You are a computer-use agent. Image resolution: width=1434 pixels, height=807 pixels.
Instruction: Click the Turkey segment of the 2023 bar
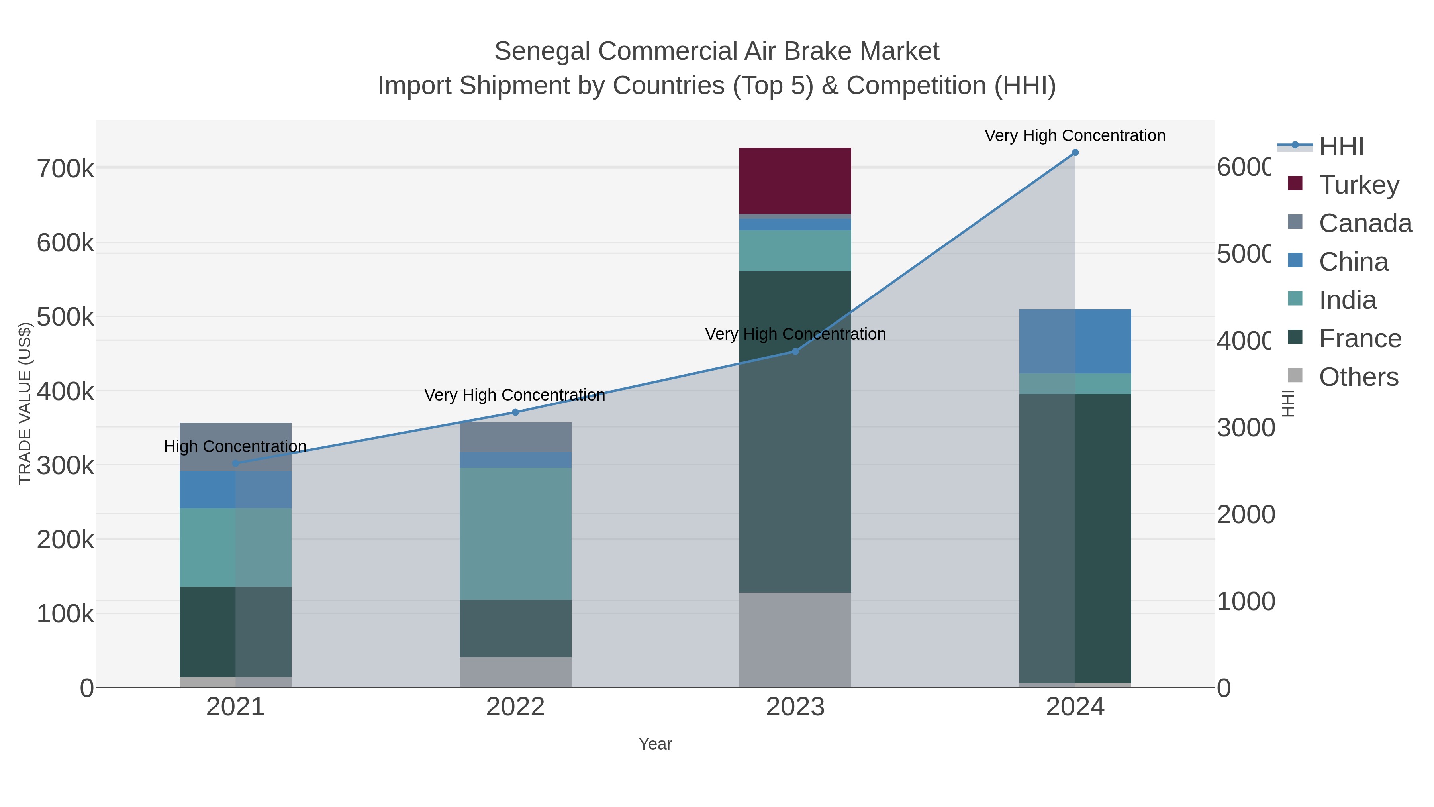[795, 181]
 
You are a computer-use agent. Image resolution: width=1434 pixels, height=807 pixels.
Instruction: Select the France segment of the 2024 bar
[1075, 538]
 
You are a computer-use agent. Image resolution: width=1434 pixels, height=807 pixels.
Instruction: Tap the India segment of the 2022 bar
[515, 534]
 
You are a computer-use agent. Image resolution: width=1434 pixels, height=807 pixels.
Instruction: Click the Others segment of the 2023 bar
[795, 639]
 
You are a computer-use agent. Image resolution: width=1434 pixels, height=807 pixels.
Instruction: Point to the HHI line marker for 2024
[1075, 153]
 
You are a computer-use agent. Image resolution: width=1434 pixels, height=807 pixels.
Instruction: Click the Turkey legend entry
[1358, 185]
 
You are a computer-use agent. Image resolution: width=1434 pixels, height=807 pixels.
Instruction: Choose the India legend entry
[1347, 300]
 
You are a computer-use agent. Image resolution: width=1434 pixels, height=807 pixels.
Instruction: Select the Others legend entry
[1358, 377]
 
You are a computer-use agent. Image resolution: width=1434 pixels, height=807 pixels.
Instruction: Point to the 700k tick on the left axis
[65, 169]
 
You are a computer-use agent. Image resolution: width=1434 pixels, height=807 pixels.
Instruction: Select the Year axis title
[655, 744]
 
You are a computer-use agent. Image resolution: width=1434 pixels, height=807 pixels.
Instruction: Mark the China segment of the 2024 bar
[1075, 341]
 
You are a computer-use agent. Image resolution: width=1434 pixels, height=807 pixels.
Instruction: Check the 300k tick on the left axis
[65, 465]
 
